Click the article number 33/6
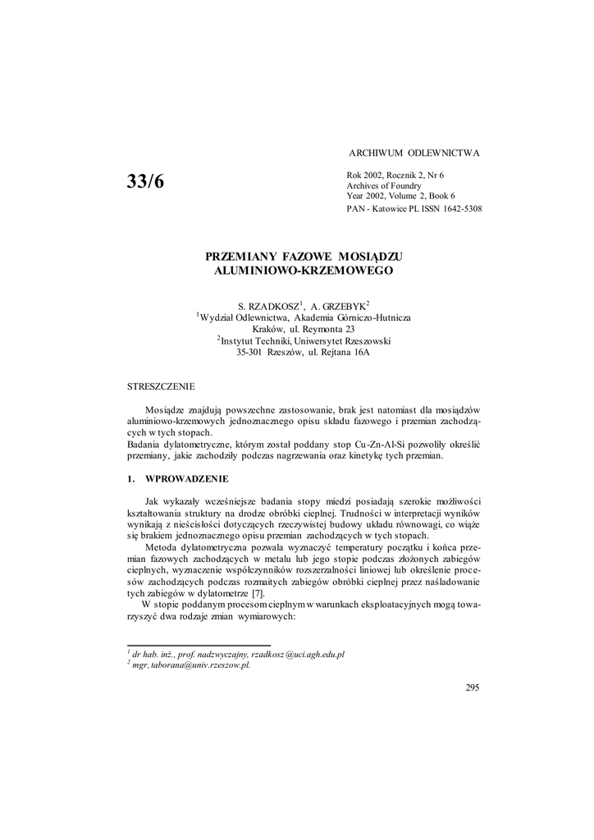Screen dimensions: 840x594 pos(146,183)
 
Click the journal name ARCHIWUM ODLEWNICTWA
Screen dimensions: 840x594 pos(414,153)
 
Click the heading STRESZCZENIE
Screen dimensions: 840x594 pos(161,385)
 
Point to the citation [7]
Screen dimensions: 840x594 pos(258,594)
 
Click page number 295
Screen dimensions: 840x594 pos(471,687)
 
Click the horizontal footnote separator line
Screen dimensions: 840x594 pos(199,646)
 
